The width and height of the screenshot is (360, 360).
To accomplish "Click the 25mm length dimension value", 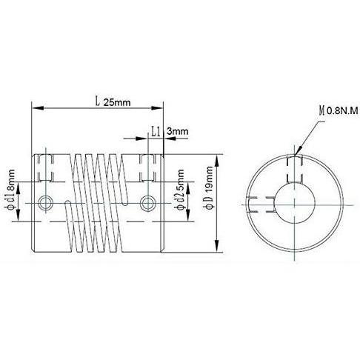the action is tap(117, 102).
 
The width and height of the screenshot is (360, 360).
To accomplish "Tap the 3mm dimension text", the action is tap(177, 131).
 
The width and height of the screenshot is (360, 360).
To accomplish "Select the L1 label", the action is tap(156, 132).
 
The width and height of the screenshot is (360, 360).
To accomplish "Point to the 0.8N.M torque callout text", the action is tap(342, 111).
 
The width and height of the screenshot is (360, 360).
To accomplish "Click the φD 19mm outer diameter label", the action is tap(209, 188).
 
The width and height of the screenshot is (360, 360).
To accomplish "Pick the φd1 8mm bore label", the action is tap(10, 189).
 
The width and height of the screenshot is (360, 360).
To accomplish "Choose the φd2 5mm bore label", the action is tap(179, 189).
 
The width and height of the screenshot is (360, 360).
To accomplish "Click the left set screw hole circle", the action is tap(45, 203).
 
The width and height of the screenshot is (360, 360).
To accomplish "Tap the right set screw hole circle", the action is tap(147, 203).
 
